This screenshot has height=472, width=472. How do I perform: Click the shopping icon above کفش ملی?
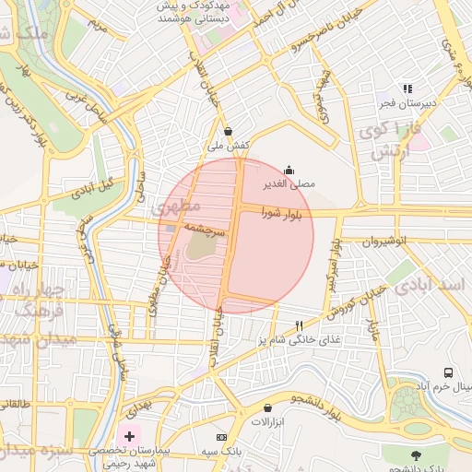(x=228, y=131)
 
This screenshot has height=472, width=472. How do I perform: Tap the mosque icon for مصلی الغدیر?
(x=289, y=170)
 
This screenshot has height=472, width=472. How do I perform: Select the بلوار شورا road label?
(x=288, y=213)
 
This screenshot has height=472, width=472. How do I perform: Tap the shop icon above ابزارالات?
(x=267, y=407)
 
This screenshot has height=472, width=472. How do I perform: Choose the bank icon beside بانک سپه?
(x=220, y=436)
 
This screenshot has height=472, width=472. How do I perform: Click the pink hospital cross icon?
(x=129, y=434)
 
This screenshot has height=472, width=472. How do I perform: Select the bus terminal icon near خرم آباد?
(x=448, y=373)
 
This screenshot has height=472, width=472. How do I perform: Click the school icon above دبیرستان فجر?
(x=407, y=88)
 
